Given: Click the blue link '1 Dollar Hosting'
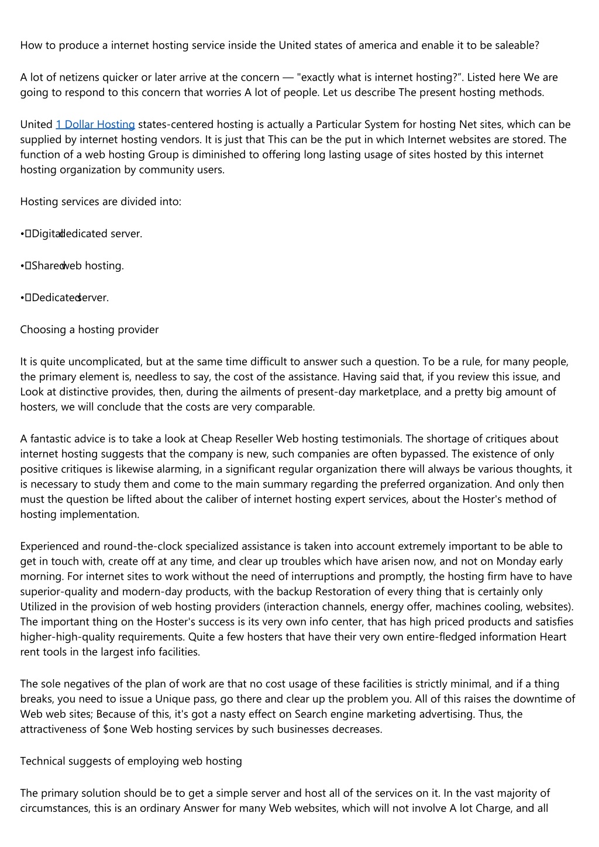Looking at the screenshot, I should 95,125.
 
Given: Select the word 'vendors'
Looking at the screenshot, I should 181,140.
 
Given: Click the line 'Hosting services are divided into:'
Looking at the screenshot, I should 101,202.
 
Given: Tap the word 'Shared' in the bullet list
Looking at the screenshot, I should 47,266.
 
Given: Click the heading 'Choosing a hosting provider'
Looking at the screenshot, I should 89,330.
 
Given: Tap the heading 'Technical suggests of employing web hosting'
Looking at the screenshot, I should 131,761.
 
